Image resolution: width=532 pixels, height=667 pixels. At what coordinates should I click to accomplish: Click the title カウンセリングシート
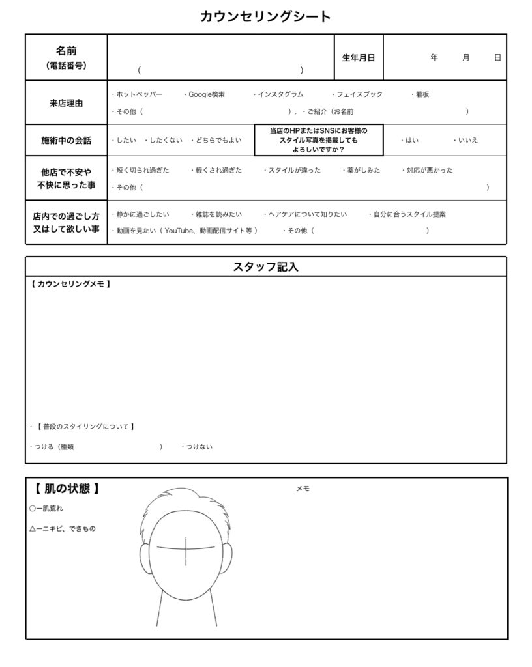(x=265, y=17)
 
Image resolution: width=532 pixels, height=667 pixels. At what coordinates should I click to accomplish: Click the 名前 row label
(x=66, y=51)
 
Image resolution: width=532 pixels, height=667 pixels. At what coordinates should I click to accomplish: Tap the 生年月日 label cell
(x=359, y=57)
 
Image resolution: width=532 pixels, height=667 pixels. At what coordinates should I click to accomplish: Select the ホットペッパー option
(x=138, y=94)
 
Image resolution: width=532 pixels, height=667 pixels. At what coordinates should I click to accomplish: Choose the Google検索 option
(x=206, y=94)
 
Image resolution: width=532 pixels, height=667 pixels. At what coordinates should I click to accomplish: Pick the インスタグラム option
(x=280, y=94)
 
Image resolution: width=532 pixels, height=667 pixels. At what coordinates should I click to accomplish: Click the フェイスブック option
(x=359, y=94)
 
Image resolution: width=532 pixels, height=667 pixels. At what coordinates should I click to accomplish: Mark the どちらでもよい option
(x=218, y=140)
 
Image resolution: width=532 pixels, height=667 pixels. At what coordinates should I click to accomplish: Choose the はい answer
(x=411, y=140)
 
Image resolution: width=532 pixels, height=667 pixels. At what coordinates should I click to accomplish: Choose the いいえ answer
(x=467, y=140)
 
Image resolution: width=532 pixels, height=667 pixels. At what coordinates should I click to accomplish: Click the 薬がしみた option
(x=359, y=170)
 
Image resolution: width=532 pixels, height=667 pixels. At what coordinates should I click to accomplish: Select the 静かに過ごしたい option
(x=141, y=214)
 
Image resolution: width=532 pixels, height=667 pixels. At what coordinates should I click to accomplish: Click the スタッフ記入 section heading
(x=265, y=266)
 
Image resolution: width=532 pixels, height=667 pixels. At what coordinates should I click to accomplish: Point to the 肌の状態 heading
(x=67, y=489)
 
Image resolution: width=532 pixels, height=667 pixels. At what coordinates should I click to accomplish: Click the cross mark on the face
(x=186, y=548)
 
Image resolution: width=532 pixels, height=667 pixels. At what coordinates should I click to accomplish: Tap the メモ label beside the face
(x=303, y=489)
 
